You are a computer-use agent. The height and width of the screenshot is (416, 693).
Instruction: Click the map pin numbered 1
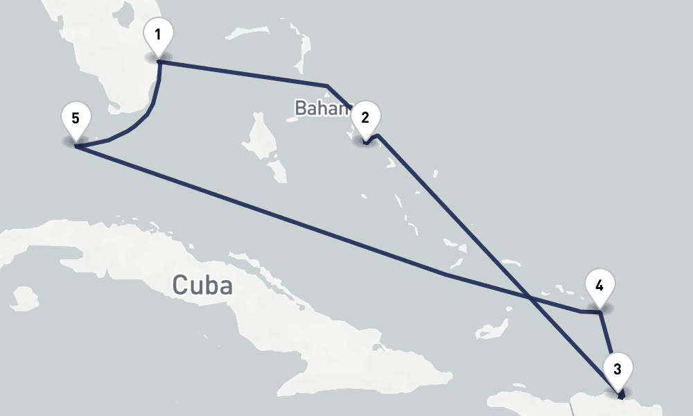(x=158, y=35)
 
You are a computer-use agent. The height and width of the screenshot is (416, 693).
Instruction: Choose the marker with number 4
(x=599, y=285)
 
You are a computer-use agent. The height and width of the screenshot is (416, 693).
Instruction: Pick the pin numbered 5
(x=75, y=117)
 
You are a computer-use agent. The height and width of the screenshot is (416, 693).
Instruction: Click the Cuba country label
(x=202, y=284)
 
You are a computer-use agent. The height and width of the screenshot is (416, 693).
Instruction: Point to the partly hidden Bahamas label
(x=322, y=108)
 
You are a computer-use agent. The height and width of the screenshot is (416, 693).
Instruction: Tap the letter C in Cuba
(x=180, y=284)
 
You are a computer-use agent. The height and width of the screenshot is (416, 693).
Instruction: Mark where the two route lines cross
(x=529, y=298)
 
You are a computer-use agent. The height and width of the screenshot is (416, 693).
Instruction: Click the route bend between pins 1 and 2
(x=326, y=85)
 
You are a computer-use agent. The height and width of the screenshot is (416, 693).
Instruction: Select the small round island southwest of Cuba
(x=24, y=297)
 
